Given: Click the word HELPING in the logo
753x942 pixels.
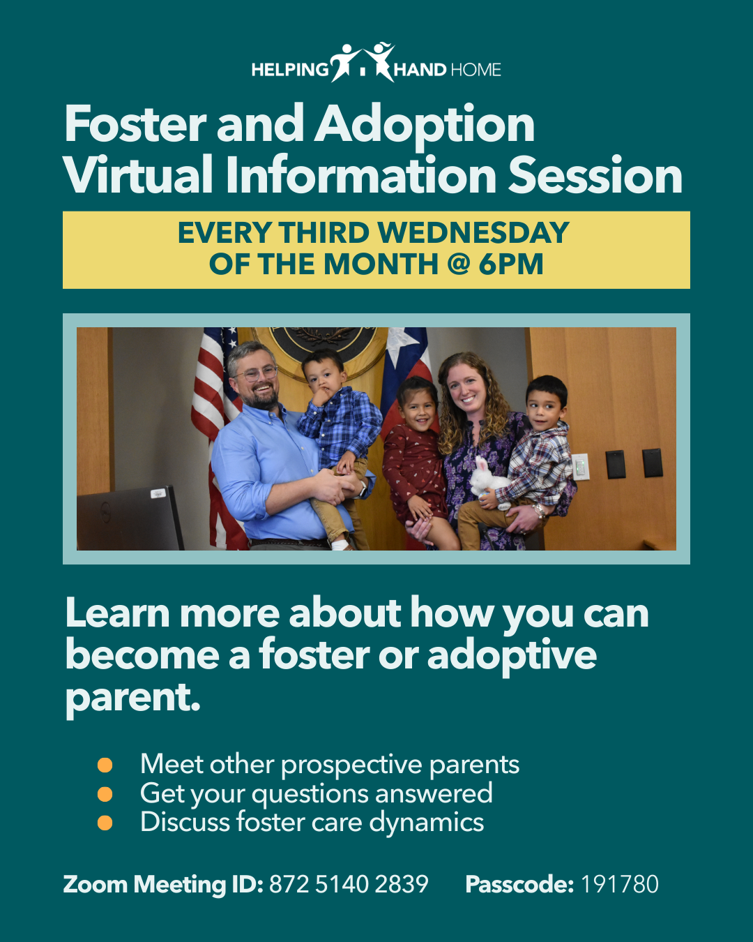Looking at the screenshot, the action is pyautogui.click(x=289, y=70).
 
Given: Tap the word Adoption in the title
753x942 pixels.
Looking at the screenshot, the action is pyautogui.click(x=425, y=126).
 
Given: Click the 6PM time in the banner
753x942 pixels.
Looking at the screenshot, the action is pyautogui.click(x=510, y=264).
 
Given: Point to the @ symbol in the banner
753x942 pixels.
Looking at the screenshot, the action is pyautogui.click(x=459, y=264).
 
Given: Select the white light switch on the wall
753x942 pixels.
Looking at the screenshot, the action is pyautogui.click(x=580, y=467).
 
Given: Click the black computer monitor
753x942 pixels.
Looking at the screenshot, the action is pyautogui.click(x=130, y=519).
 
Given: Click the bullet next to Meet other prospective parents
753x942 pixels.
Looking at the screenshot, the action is pyautogui.click(x=105, y=765).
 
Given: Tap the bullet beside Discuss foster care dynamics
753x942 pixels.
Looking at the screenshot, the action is pyautogui.click(x=105, y=823).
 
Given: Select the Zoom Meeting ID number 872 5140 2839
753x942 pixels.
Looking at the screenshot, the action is pyautogui.click(x=349, y=884).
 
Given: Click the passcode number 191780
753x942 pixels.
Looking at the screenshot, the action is pyautogui.click(x=620, y=884).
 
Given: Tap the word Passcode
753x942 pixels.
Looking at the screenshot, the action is pyautogui.click(x=519, y=884).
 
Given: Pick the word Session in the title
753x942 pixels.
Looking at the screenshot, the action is pyautogui.click(x=595, y=175).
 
